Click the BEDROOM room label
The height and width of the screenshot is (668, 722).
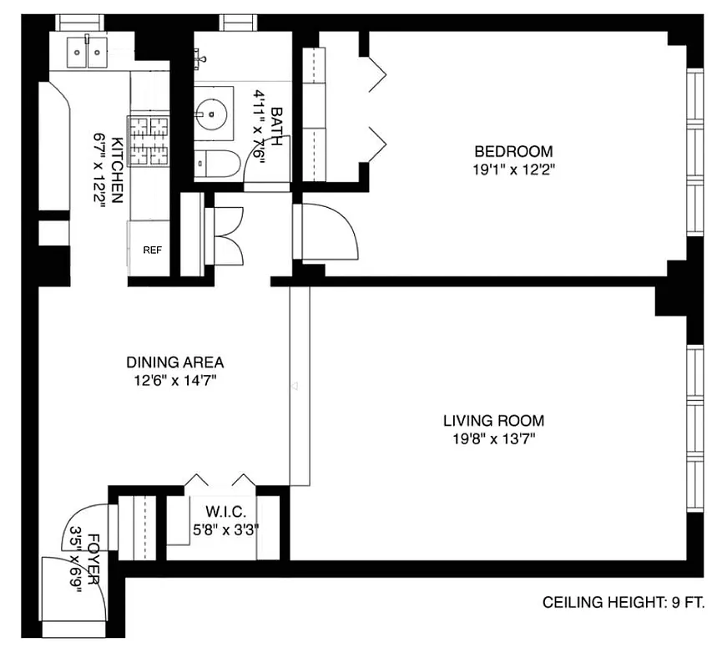pyautogui.click(x=513, y=151)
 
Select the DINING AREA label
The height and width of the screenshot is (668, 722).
pyautogui.click(x=175, y=362)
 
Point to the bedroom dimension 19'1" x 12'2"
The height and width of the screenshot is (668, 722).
pyautogui.click(x=513, y=170)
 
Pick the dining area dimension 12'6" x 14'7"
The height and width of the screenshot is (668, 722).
pyautogui.click(x=175, y=381)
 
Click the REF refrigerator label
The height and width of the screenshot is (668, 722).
pyautogui.click(x=152, y=250)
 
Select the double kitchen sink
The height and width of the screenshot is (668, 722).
pyautogui.click(x=87, y=53)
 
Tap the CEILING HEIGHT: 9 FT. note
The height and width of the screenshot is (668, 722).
pyautogui.click(x=624, y=602)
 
